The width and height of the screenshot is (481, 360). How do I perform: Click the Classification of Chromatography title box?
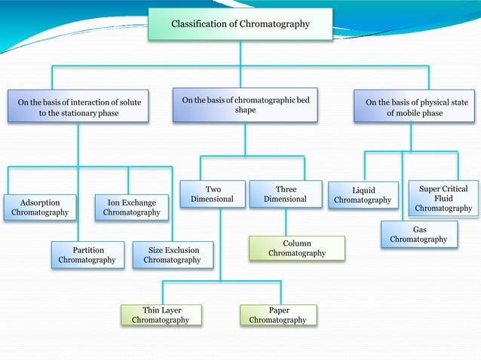(x=240, y=24)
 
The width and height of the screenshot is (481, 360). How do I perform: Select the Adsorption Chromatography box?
(x=40, y=207)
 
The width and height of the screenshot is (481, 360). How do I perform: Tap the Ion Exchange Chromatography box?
(x=131, y=207)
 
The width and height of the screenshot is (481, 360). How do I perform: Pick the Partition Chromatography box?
(x=87, y=255)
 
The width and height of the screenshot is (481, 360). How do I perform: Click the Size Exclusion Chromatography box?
(x=172, y=255)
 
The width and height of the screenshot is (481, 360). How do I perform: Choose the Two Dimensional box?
(x=213, y=194)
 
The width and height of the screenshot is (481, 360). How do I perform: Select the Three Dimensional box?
(x=286, y=194)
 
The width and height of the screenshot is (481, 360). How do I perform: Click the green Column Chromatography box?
(x=297, y=249)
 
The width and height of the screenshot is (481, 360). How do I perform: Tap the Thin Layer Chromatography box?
(x=161, y=315)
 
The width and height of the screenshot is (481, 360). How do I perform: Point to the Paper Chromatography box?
(x=278, y=315)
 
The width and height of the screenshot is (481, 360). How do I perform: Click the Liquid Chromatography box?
(x=363, y=195)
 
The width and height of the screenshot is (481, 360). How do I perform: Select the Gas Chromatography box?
(x=418, y=233)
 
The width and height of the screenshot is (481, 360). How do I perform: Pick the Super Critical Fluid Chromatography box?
(x=443, y=198)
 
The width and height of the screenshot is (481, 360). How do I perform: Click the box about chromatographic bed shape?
(x=244, y=105)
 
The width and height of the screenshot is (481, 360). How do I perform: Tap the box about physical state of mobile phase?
(x=415, y=107)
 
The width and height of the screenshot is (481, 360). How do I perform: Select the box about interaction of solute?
(x=78, y=107)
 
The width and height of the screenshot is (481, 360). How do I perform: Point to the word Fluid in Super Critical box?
(x=443, y=198)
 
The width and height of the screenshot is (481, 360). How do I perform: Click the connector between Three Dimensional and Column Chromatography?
(x=286, y=222)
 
